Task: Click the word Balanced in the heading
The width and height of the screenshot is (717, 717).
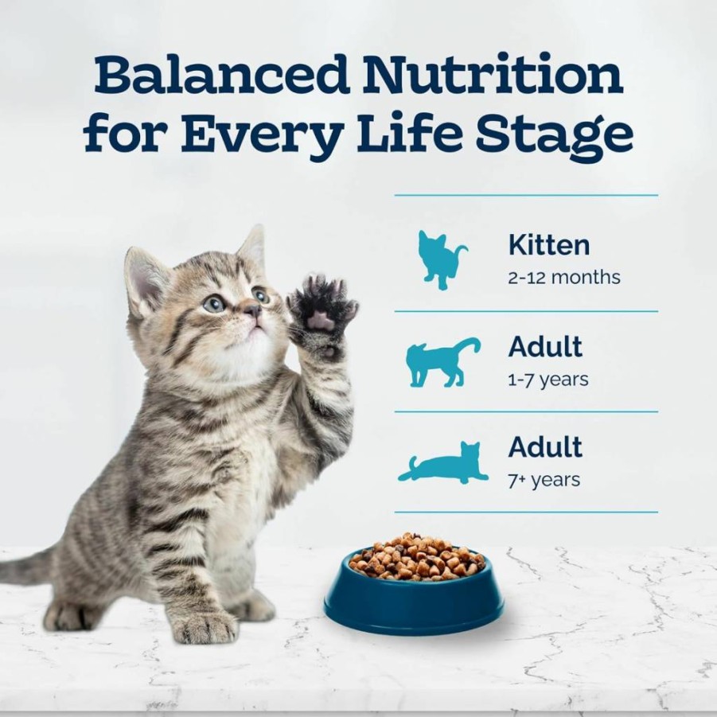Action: click(222, 74)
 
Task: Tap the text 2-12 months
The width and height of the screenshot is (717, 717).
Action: click(564, 277)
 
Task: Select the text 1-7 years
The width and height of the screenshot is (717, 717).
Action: click(547, 380)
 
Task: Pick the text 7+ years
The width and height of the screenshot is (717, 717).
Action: click(544, 480)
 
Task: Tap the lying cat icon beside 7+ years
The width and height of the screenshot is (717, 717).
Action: click(442, 463)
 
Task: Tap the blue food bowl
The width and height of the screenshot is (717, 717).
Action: click(413, 592)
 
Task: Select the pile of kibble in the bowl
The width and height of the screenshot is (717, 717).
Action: click(416, 557)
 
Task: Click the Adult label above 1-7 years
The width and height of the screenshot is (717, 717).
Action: click(545, 346)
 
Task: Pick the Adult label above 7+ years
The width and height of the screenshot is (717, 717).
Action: click(545, 446)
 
